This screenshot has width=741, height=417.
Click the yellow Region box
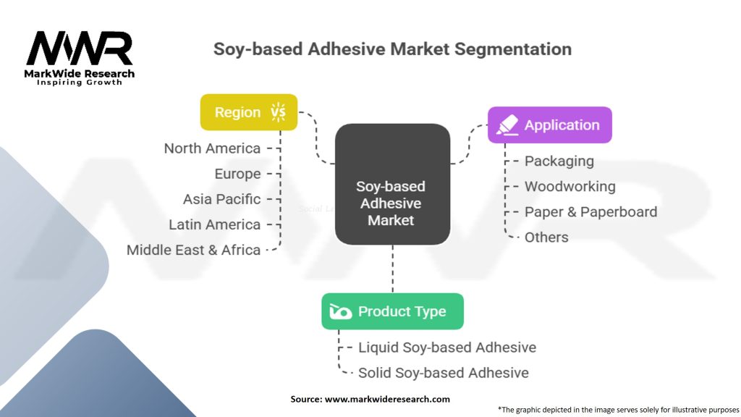click(249, 112)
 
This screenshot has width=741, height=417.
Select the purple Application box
click(550, 125)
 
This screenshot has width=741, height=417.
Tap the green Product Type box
click(392, 311)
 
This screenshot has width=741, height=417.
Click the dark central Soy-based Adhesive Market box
click(392, 185)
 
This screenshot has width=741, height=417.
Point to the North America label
click(212, 148)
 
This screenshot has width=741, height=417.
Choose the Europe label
click(237, 174)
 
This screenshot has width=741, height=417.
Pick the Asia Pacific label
click(221, 199)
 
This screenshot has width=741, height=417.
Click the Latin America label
click(214, 224)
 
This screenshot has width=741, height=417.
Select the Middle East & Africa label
click(193, 250)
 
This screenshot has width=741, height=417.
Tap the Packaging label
click(559, 161)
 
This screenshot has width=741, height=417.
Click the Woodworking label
click(570, 187)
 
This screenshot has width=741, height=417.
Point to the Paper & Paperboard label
click(590, 212)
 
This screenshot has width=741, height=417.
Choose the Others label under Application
click(546, 237)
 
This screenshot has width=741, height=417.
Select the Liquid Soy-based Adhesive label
click(447, 347)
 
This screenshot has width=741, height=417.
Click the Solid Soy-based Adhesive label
click(444, 373)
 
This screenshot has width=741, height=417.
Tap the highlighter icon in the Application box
click(507, 125)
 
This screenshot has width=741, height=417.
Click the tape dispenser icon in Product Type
click(340, 311)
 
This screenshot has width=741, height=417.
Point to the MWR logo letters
click(80, 49)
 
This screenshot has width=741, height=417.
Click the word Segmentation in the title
click(513, 49)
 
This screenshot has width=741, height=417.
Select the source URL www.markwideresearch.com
click(387, 399)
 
